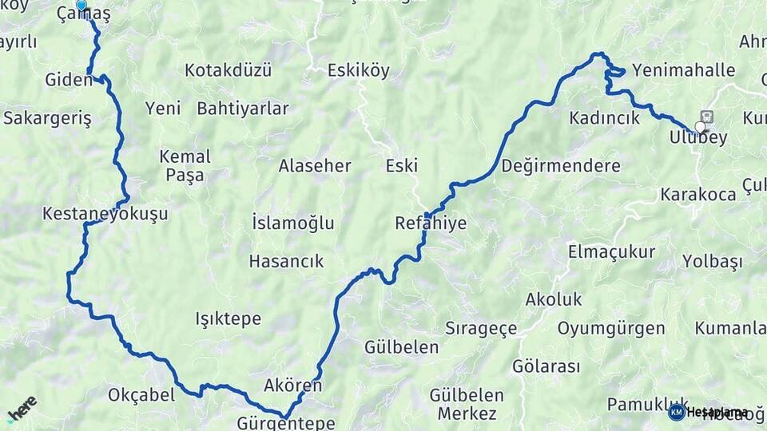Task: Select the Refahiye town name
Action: coord(431,223)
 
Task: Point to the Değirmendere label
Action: coord(561,166)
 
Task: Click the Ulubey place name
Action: coord(697,138)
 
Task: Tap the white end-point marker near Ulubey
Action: coord(701,127)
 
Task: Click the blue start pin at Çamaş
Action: coord(81,5)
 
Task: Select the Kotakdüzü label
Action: coord(228,70)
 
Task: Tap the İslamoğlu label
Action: coord(292,223)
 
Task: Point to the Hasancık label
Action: coord(286,260)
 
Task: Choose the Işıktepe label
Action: coord(228,318)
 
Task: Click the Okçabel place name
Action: coord(141,395)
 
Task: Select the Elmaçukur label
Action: coord(611,252)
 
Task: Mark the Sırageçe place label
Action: coord(481,328)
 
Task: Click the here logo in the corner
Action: coord(22,409)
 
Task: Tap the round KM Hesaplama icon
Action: coord(676,412)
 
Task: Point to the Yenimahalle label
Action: coord(683,70)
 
